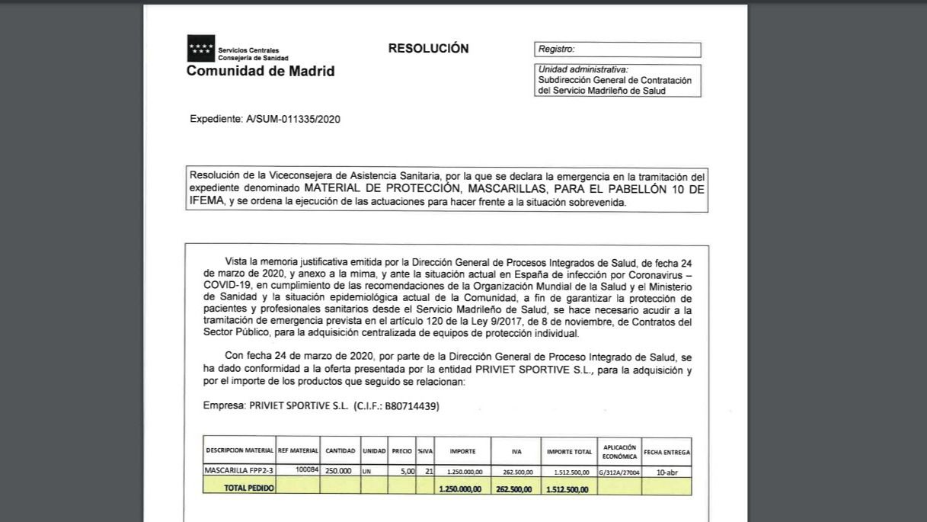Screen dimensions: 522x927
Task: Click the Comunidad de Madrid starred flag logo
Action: point(201,48)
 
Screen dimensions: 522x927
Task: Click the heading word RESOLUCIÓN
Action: point(428,48)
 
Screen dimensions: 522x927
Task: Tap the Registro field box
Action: point(617,50)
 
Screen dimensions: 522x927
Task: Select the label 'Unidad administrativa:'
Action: point(583,69)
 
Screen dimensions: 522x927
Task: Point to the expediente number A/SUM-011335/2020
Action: point(292,119)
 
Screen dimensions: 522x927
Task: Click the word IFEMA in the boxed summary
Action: point(207,202)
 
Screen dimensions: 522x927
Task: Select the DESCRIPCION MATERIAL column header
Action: point(239,451)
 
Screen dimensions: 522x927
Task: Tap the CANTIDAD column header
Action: point(340,451)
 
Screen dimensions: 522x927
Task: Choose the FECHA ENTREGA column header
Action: point(666,452)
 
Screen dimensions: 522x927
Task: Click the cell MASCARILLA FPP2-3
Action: point(238,471)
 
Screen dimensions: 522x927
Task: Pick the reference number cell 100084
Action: point(307,470)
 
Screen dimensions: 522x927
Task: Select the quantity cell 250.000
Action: point(338,471)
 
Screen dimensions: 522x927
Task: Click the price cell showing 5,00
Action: point(408,472)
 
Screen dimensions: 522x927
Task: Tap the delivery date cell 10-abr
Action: point(666,472)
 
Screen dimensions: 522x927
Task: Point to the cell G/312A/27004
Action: point(619,472)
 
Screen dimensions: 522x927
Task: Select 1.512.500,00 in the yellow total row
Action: point(567,489)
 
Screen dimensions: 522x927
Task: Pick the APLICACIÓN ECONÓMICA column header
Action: point(619,451)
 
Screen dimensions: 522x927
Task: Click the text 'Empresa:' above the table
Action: point(224,406)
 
